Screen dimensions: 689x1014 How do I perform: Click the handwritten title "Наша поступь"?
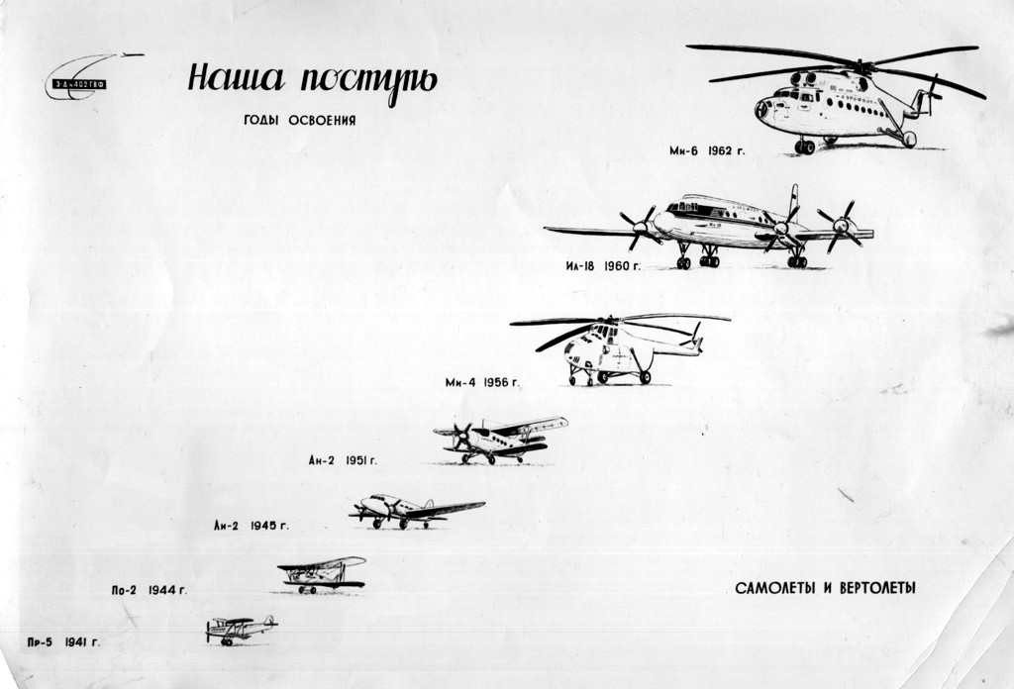[x=311, y=80]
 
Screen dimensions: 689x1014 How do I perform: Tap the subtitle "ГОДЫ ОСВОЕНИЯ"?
[x=299, y=121]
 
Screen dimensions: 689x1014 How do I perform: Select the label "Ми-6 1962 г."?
[x=706, y=151]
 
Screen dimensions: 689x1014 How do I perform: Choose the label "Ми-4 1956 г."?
[x=482, y=382]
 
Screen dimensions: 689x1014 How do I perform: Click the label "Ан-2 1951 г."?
[x=343, y=460]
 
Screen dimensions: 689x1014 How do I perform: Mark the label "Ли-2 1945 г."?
[x=251, y=526]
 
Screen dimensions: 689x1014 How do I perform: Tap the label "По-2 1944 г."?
[x=149, y=590]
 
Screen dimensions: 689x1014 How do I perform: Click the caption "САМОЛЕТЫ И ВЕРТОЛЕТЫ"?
[x=825, y=588]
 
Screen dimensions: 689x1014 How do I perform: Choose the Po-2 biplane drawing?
[x=322, y=572]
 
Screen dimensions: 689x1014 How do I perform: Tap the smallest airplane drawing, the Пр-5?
[x=240, y=628]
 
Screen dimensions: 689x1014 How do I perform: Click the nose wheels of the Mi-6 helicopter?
[x=804, y=147]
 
